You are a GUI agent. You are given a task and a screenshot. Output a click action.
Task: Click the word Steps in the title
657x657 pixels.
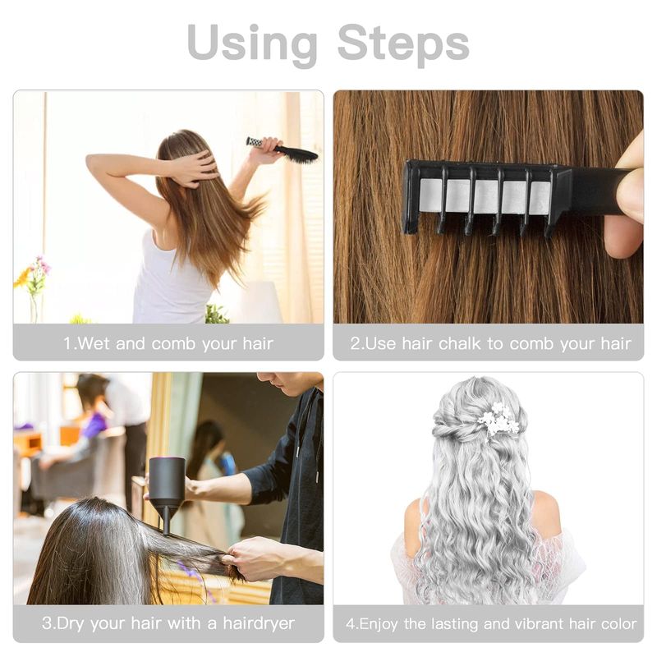click(403, 43)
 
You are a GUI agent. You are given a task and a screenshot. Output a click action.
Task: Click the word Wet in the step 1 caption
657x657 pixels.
click(94, 343)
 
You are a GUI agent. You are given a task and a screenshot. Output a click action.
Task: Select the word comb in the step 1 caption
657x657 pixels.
click(173, 343)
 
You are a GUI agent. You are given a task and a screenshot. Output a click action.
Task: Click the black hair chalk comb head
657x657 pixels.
click(486, 197)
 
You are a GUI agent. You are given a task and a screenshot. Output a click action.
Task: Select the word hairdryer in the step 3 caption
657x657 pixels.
click(259, 623)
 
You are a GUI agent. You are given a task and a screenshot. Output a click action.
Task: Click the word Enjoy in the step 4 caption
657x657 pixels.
click(379, 624)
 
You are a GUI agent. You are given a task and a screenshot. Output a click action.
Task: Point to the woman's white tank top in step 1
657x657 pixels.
click(171, 281)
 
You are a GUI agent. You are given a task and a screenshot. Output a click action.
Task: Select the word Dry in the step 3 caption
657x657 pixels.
click(70, 623)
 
